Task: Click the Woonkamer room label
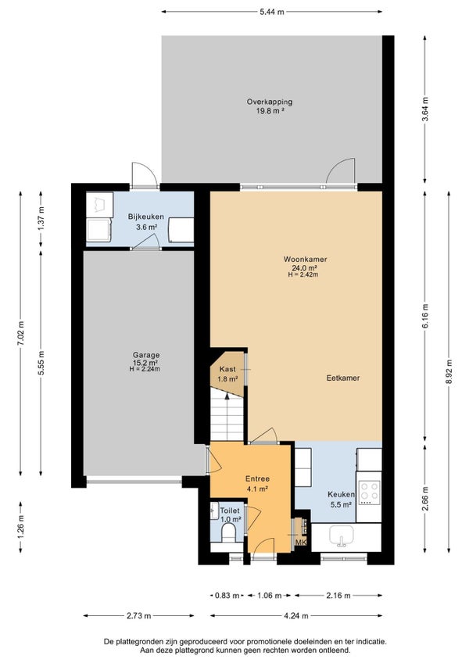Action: tap(305, 260)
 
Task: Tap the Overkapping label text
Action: tap(270, 102)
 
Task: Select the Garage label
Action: tap(146, 355)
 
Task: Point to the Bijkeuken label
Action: tap(146, 217)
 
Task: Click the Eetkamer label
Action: tap(343, 378)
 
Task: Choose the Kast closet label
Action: tap(227, 369)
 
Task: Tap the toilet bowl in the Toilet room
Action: tap(229, 533)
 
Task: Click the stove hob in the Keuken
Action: tap(369, 493)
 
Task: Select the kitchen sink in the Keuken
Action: tap(342, 536)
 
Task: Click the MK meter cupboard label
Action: tap(301, 543)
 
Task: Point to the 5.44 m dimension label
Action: tap(272, 13)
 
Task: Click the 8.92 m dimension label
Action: tap(449, 371)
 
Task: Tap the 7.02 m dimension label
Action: tap(20, 334)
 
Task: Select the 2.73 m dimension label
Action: tap(138, 616)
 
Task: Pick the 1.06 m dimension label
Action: tap(270, 596)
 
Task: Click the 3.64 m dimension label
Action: tap(425, 109)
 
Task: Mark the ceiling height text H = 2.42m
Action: tap(303, 274)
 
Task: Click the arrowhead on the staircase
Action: tap(227, 396)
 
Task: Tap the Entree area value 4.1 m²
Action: tap(257, 489)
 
